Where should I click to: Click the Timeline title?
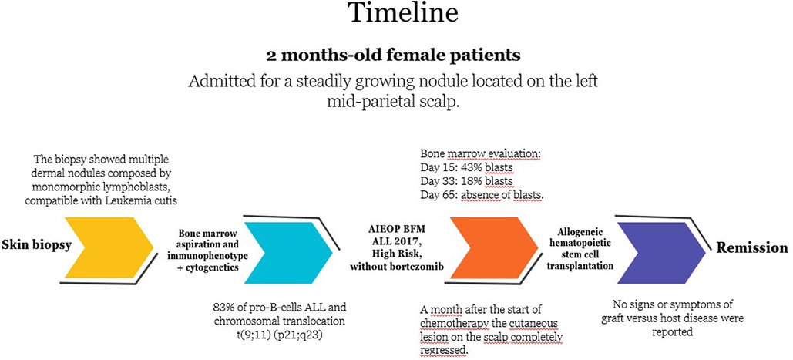tap(402, 14)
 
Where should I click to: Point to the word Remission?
tap(751, 247)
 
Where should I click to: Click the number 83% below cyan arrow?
tap(223, 308)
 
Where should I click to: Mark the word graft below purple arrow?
tap(613, 319)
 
